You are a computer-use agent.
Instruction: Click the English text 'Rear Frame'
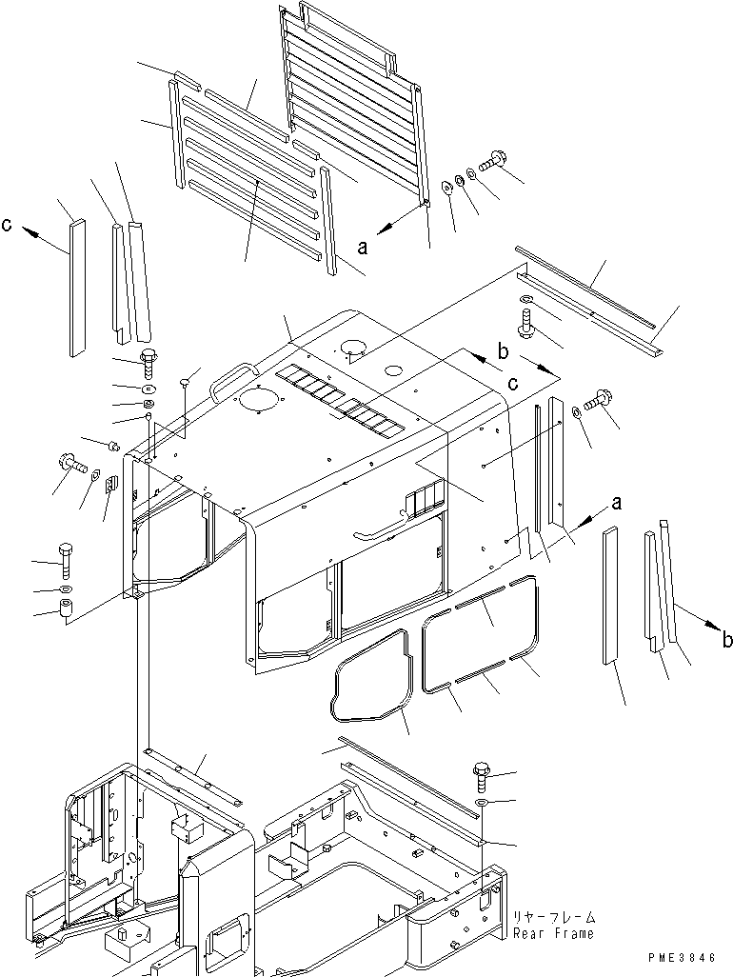point(553,933)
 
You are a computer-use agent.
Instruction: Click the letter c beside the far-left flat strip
point(8,226)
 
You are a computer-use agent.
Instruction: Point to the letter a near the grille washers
point(362,246)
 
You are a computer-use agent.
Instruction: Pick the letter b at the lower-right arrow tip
point(726,640)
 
